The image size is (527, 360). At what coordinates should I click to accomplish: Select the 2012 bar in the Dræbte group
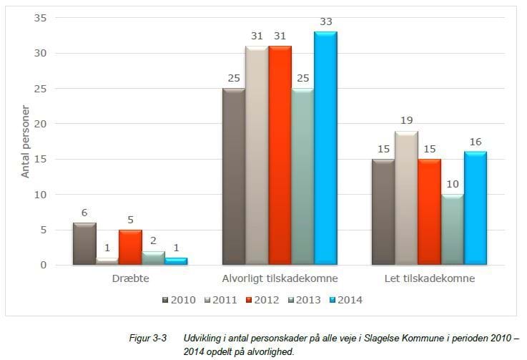(x=130, y=248)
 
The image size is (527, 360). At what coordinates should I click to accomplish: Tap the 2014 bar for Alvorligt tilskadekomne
(x=325, y=148)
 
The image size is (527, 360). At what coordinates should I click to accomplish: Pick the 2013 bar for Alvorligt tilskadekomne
(x=303, y=177)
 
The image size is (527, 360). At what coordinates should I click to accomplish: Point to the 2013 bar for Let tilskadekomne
(x=452, y=230)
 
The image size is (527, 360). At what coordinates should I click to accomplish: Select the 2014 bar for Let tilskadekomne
(x=474, y=208)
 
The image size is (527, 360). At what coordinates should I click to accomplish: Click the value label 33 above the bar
(x=326, y=22)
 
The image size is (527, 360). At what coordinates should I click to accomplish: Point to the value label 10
(x=452, y=185)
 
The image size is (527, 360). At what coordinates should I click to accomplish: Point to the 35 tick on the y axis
(x=40, y=18)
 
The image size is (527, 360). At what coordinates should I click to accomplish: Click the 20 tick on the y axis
(x=40, y=124)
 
